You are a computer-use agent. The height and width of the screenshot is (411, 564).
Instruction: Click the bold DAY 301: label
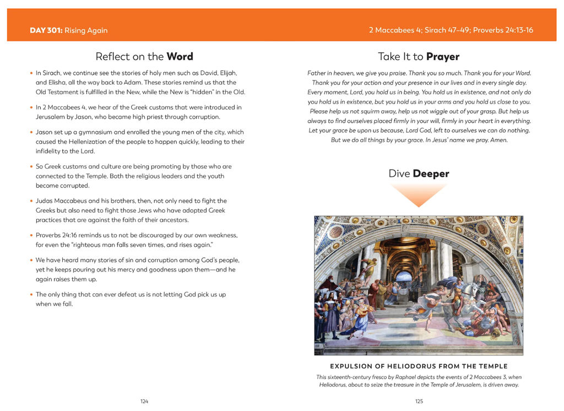[46, 30]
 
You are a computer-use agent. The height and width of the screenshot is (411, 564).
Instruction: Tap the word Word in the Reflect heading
[180, 56]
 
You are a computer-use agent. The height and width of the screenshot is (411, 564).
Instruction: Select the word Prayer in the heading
[442, 56]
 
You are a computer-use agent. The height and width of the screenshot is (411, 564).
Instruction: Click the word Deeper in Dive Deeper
[431, 174]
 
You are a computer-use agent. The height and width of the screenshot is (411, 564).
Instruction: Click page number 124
[144, 401]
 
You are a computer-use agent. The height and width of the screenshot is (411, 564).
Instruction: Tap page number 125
[419, 401]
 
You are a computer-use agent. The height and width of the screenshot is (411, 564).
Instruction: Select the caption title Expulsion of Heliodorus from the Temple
[419, 366]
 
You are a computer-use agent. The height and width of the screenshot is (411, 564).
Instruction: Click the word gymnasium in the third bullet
[101, 132]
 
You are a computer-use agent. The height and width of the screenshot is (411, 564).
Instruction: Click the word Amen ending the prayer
[499, 140]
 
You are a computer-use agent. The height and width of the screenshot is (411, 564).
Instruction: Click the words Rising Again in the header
[86, 30]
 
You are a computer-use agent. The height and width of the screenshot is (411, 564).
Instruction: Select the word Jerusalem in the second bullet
[52, 117]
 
